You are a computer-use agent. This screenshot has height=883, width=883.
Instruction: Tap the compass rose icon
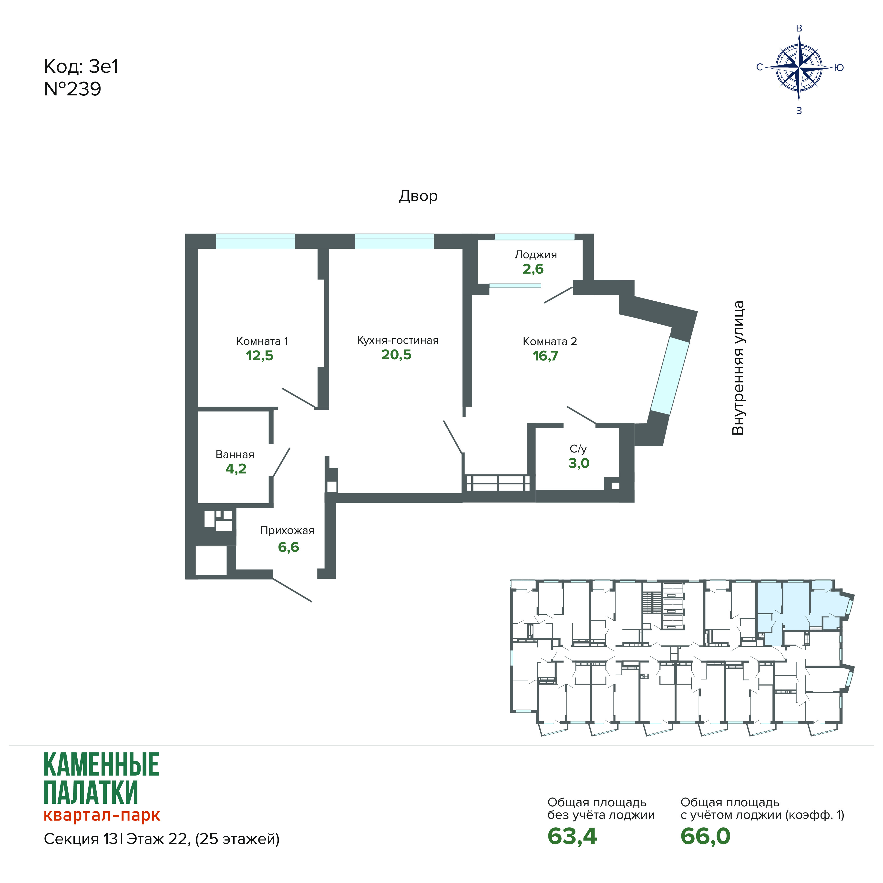click(x=799, y=68)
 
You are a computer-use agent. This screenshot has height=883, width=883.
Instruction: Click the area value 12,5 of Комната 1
click(x=260, y=356)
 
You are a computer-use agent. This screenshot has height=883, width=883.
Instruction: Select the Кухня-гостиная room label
click(x=398, y=340)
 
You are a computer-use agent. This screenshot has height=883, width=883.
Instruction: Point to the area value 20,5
click(x=396, y=355)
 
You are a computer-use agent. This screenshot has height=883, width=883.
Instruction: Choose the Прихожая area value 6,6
click(x=288, y=547)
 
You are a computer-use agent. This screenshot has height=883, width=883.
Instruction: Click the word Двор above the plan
click(x=418, y=196)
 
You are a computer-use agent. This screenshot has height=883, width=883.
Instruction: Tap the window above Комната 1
click(x=255, y=241)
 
